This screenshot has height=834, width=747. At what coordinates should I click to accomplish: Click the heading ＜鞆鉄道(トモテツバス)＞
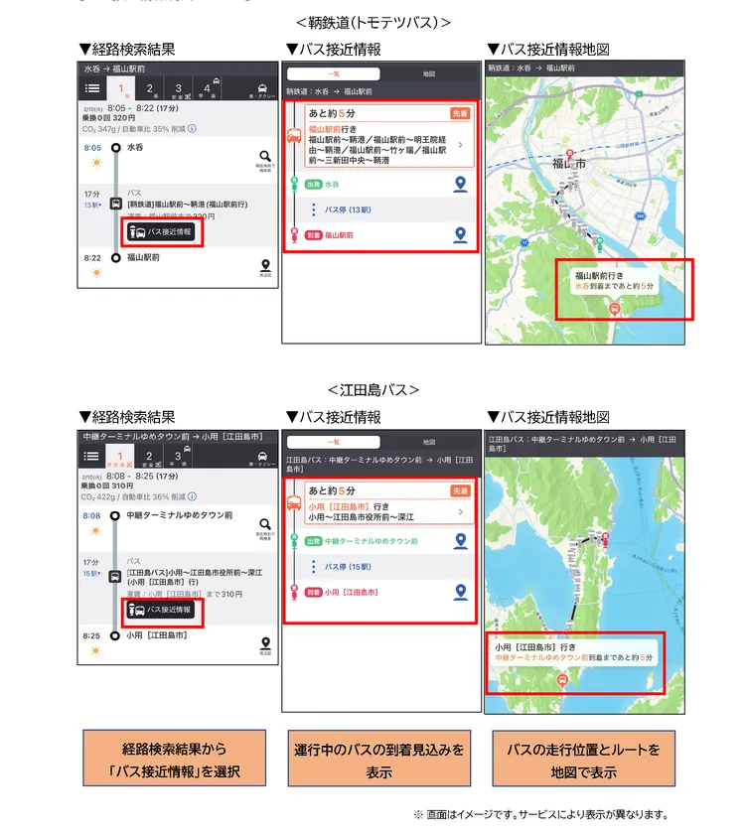tap(373, 22)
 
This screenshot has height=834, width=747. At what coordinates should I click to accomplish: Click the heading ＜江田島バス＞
tap(373, 389)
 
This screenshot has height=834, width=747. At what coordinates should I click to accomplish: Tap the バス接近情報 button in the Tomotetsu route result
tap(163, 232)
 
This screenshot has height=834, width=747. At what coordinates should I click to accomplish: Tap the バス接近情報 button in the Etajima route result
tap(163, 610)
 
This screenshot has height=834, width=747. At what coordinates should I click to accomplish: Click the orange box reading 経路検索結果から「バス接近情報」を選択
tap(174, 760)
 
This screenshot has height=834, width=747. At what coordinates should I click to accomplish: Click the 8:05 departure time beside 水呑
tap(92, 148)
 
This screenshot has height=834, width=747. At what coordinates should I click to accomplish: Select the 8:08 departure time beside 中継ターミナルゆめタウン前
tap(92, 516)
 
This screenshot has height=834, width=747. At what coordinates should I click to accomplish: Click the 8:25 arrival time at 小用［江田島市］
tap(92, 635)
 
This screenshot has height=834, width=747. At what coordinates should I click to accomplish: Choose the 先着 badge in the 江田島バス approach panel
tap(460, 490)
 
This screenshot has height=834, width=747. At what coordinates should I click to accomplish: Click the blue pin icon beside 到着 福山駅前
tap(460, 234)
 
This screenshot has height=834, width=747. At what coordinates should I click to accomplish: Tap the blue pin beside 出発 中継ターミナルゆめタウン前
tap(460, 541)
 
